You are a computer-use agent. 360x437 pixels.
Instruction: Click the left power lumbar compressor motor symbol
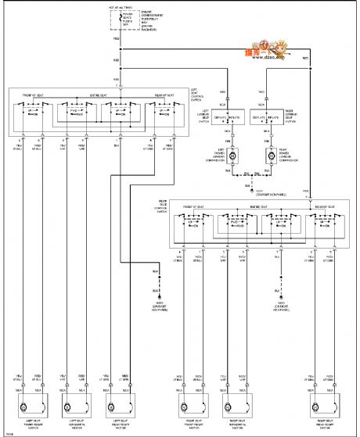tap(232, 156)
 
